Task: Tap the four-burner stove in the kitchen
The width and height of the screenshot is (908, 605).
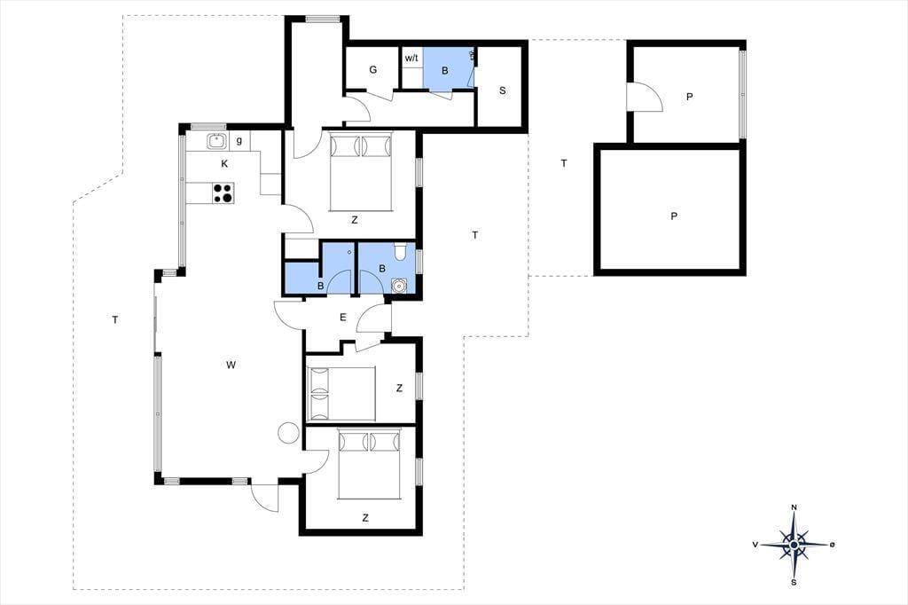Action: (x=223, y=193)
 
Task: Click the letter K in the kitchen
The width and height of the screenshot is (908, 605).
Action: (x=224, y=164)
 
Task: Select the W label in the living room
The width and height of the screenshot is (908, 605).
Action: (x=231, y=365)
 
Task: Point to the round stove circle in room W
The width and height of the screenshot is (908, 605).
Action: (x=288, y=432)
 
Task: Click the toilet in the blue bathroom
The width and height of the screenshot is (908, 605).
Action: (x=400, y=252)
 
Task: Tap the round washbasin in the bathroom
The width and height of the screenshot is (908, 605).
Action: (x=398, y=286)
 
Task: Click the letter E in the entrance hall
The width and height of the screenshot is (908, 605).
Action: (x=343, y=317)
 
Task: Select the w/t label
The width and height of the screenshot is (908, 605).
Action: (x=411, y=58)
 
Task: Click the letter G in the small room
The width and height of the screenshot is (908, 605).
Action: (x=373, y=69)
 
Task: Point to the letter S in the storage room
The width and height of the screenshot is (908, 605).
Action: (x=502, y=90)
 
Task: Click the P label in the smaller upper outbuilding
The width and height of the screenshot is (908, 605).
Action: (x=689, y=97)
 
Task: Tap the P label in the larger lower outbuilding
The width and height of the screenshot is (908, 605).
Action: (x=674, y=216)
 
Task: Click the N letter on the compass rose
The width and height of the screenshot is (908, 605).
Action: (x=794, y=507)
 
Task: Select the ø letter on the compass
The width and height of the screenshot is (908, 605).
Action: (x=832, y=544)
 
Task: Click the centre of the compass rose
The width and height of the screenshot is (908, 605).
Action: (x=794, y=545)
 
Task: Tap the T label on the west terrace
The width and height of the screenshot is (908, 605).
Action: (x=115, y=319)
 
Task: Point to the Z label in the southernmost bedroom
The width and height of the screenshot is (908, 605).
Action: (x=364, y=518)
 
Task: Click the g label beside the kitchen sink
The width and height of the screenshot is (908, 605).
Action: (x=239, y=141)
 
